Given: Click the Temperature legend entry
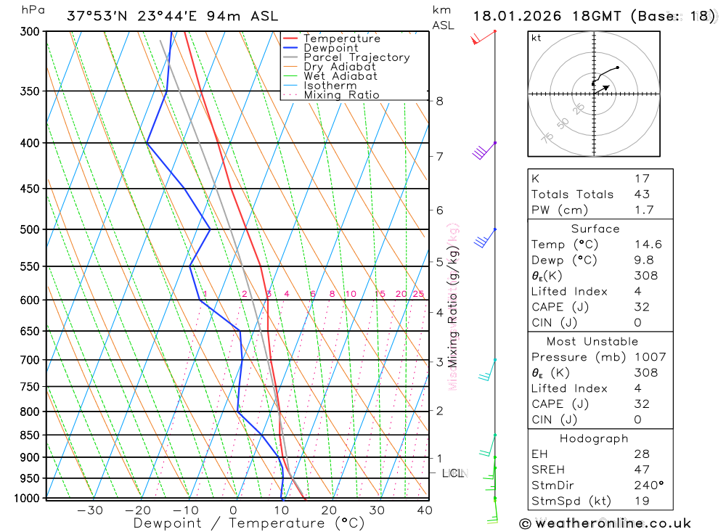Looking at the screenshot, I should (341, 38).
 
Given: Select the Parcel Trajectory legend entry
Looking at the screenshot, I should (356, 57).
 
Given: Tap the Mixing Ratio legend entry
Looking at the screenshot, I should (341, 95).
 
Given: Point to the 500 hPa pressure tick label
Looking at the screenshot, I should (29, 229).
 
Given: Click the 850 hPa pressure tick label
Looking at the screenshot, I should (29, 435).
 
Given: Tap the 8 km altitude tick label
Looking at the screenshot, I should (439, 101).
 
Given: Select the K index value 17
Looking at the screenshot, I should (641, 179).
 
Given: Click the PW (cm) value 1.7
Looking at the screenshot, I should (644, 210).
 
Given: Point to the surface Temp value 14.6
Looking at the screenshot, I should (647, 245).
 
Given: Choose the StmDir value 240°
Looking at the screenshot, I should (648, 486).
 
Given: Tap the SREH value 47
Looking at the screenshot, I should (641, 470).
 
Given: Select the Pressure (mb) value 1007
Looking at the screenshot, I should (648, 357).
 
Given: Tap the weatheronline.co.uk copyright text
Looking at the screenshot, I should (605, 523).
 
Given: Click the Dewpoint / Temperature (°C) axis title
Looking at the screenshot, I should (248, 523).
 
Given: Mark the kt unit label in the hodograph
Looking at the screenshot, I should (536, 38).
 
